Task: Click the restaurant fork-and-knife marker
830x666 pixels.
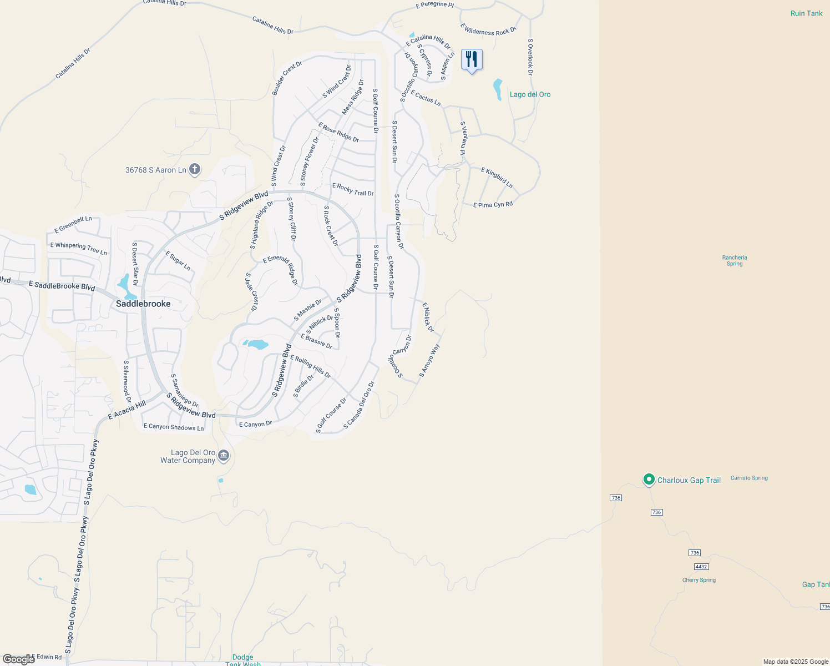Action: pos(472,59)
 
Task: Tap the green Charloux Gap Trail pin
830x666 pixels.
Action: pos(649,480)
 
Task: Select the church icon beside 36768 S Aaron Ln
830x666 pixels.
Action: pos(195,169)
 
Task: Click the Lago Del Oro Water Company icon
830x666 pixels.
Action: pos(224,456)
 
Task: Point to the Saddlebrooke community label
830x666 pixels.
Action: pos(143,304)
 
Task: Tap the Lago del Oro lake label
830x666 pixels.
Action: pos(530,94)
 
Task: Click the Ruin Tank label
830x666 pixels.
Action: pos(806,13)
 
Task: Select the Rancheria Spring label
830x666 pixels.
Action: pos(735,260)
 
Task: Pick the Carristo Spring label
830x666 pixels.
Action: pos(749,478)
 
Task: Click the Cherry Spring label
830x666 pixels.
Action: pos(699,580)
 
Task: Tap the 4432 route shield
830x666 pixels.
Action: pos(701,567)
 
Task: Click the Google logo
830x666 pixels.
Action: pos(18,659)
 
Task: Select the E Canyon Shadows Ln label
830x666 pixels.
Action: pos(174,427)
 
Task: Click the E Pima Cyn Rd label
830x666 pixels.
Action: pos(493,205)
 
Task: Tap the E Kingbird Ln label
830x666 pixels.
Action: pos(497,177)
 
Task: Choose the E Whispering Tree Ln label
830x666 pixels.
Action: pos(79,248)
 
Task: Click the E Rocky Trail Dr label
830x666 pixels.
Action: pos(353,190)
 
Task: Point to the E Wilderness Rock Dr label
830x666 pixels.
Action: pos(488,29)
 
